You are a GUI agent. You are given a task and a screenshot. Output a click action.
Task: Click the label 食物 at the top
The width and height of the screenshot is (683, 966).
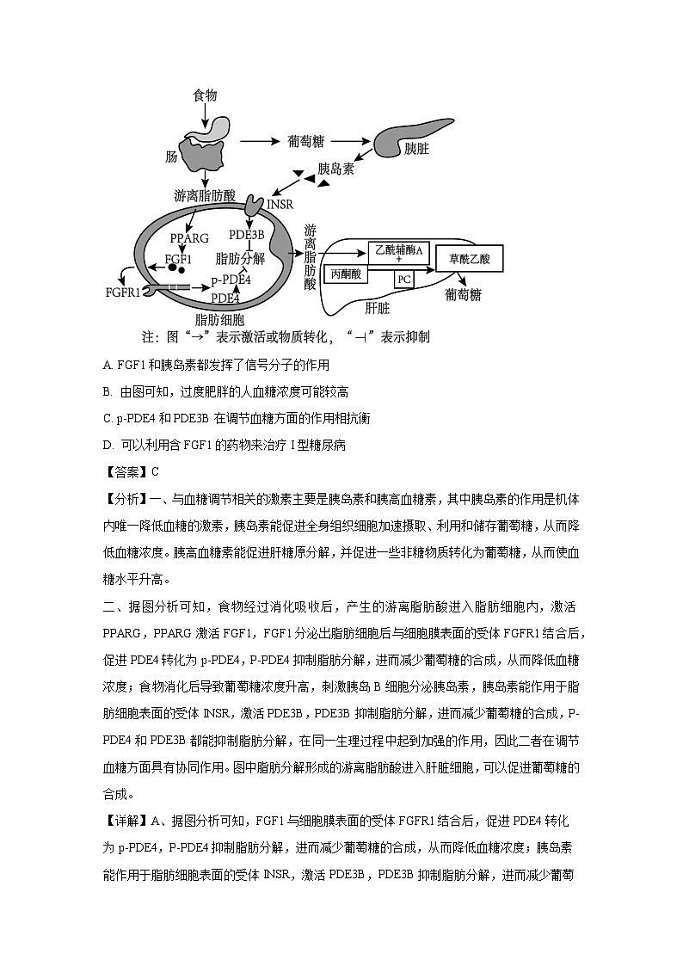[205, 94]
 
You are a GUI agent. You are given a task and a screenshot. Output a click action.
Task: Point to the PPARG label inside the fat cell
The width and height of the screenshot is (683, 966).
[189, 237]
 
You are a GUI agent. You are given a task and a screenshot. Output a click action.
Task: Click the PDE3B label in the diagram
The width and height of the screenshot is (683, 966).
[247, 234]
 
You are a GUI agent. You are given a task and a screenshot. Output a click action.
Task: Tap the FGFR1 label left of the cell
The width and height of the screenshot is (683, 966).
[123, 292]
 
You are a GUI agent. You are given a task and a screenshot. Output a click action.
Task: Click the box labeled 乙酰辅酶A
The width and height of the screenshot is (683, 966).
[398, 251]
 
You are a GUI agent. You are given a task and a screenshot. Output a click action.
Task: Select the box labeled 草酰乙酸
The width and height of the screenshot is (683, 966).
[469, 258]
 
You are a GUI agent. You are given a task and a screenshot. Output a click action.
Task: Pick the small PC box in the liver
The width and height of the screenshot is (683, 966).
[403, 279]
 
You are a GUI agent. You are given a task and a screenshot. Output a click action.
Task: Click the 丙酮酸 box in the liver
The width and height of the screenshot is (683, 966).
[348, 274]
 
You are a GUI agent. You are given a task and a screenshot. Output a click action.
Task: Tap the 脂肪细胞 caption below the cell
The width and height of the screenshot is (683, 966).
[219, 320]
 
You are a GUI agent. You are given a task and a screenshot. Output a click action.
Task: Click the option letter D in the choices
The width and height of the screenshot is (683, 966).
[107, 444]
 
